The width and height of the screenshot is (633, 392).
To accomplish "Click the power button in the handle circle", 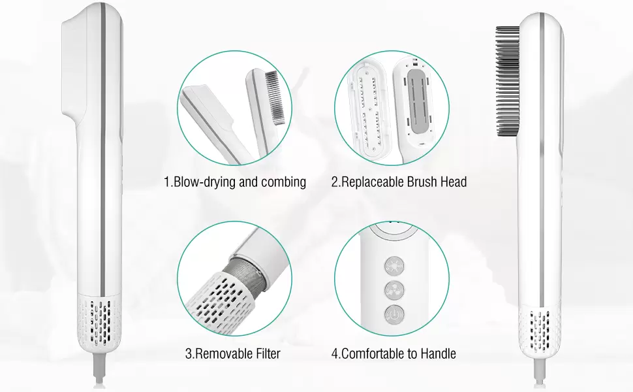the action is pyautogui.click(x=394, y=314).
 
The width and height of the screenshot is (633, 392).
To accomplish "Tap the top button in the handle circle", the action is pyautogui.click(x=394, y=266).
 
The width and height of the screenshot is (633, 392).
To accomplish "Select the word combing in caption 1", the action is pyautogui.click(x=283, y=182).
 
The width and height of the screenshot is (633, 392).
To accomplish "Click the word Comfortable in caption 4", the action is pyautogui.click(x=373, y=353).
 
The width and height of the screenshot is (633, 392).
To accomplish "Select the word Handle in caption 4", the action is pyautogui.click(x=439, y=353).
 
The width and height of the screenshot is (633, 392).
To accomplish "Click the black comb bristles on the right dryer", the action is pyautogui.click(x=508, y=81).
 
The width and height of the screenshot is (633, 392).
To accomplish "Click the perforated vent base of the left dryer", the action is pyautogui.click(x=100, y=323).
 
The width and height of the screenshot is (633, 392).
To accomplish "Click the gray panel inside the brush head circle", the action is pyautogui.click(x=419, y=101).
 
